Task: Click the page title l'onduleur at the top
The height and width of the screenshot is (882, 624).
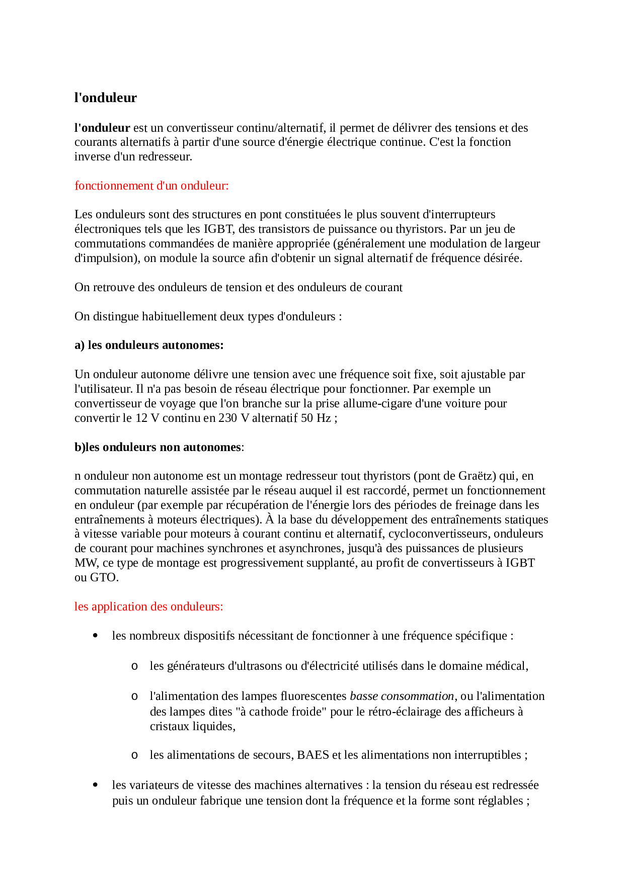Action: [x=105, y=98]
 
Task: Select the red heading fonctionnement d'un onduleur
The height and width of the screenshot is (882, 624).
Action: [x=151, y=186]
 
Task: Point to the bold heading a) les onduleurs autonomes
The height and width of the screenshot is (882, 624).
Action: [x=149, y=345]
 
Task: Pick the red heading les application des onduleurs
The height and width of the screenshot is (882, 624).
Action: [x=148, y=606]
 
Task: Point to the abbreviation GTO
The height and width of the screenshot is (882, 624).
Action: [x=103, y=577]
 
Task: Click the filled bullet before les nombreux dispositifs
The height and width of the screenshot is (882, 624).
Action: [x=95, y=636]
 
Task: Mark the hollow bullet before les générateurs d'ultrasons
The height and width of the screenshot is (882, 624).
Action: [x=134, y=666]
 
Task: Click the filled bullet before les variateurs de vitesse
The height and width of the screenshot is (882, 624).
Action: [x=95, y=785]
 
